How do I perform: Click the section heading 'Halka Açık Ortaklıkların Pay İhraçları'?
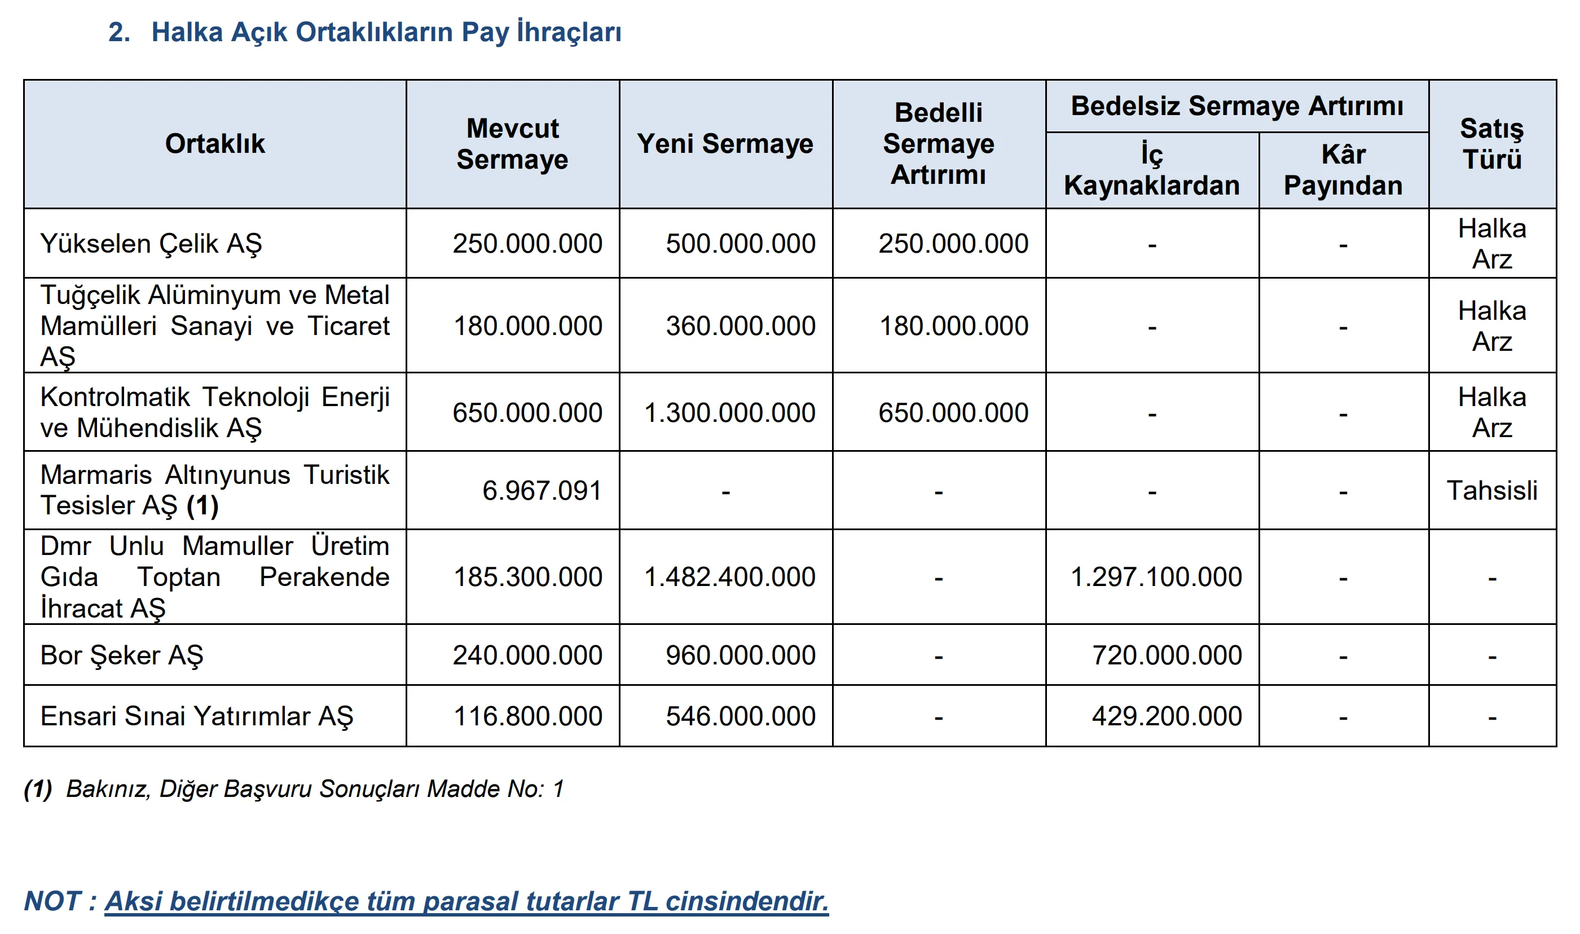coord(386,33)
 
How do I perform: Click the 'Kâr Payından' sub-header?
coord(1343,170)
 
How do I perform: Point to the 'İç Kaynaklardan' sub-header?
coord(1151,170)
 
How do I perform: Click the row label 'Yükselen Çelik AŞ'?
coord(151,244)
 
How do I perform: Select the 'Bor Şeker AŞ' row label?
coord(122,655)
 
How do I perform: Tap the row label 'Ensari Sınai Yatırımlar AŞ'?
coord(196,716)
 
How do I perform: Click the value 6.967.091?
coord(542,491)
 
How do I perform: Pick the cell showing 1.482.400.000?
coord(729,577)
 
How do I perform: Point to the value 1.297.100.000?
coord(1156,577)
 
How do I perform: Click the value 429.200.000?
coord(1167,716)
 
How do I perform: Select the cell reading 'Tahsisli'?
coord(1491,491)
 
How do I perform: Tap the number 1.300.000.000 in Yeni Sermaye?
coord(729,413)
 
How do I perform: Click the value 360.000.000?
coord(740,326)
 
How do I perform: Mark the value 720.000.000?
coord(1167,655)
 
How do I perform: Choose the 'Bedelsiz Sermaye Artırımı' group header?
coord(1237,105)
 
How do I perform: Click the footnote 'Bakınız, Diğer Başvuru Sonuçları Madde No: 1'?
coord(315,788)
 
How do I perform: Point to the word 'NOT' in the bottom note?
coord(53,901)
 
